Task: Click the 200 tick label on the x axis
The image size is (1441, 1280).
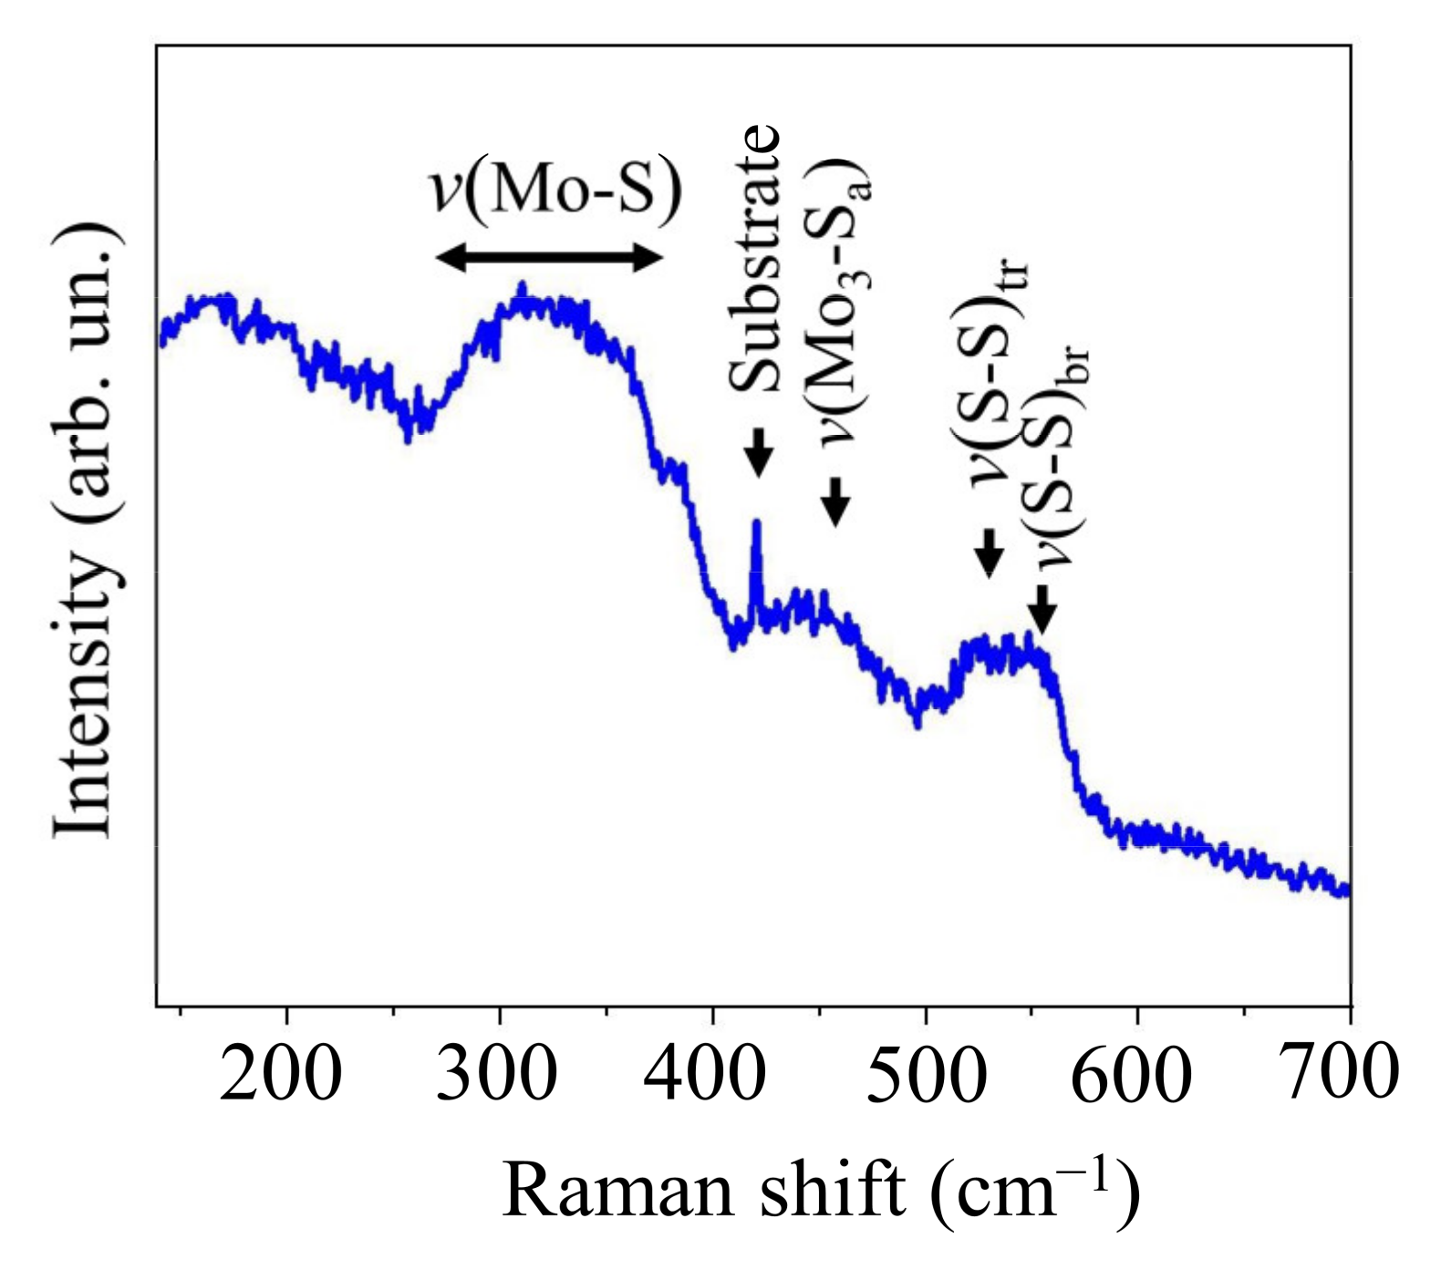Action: [281, 1075]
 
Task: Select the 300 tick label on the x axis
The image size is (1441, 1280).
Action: [497, 1075]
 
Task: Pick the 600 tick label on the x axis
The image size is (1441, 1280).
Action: [1131, 1077]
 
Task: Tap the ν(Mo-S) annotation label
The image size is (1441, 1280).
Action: [555, 190]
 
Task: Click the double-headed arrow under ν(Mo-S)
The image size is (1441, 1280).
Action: [548, 259]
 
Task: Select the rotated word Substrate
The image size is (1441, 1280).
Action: [756, 259]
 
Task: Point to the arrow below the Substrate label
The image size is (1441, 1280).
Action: [757, 452]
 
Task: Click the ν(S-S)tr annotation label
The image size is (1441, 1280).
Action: [997, 374]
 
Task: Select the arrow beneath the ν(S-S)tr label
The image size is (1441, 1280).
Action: [990, 552]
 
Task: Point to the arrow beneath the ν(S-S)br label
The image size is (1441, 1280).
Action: [1042, 608]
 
